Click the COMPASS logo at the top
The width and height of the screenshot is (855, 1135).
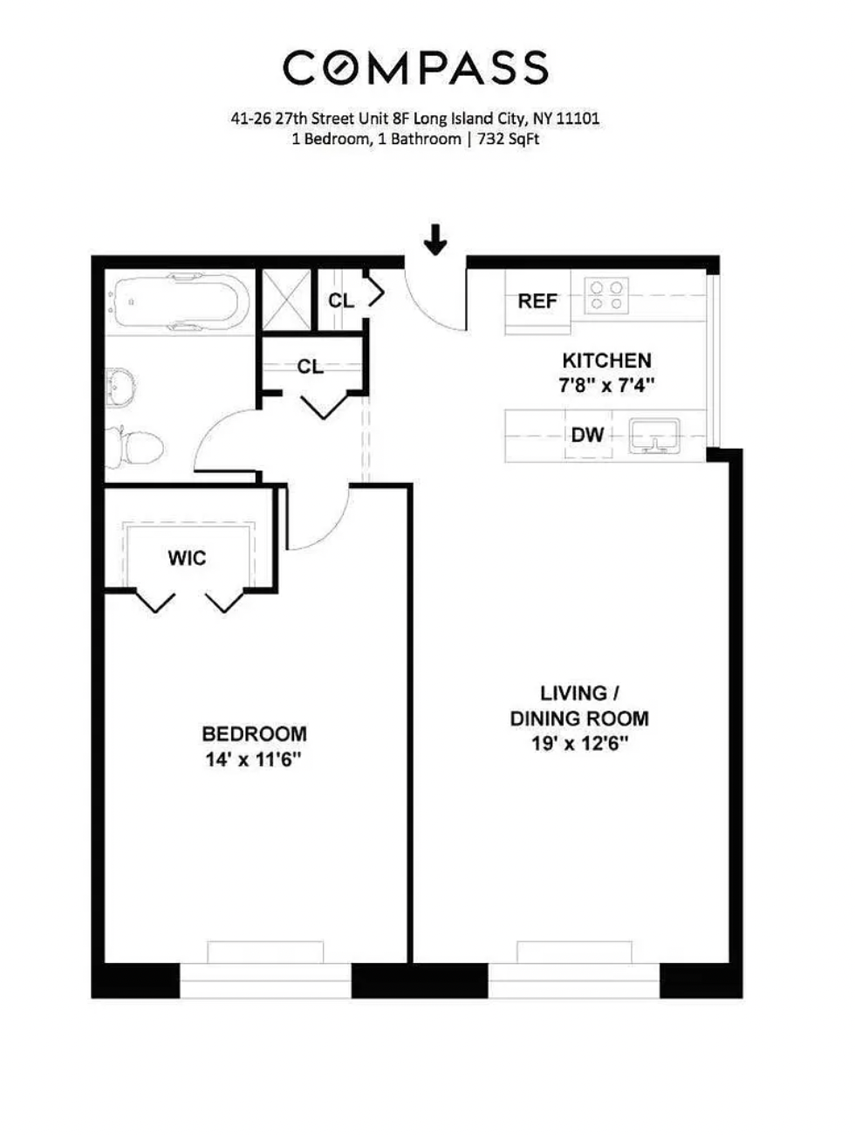[x=415, y=67]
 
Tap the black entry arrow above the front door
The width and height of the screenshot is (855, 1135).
[x=435, y=239]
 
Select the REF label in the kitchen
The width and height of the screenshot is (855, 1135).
[x=537, y=301]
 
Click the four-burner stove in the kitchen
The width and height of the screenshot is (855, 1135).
[x=606, y=295]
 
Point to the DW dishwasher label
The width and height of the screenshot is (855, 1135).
[x=587, y=434]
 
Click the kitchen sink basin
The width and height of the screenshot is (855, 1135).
[x=653, y=436]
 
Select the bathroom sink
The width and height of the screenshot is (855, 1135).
[x=120, y=388]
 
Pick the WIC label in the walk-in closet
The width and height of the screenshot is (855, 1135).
[x=187, y=558]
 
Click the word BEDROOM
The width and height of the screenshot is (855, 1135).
[x=254, y=733]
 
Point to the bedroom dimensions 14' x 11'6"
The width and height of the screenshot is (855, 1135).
[x=253, y=760]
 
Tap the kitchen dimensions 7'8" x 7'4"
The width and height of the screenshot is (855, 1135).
[x=606, y=385]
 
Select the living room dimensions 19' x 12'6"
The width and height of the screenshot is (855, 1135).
[x=579, y=744]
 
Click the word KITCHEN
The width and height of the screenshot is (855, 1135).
[x=606, y=361]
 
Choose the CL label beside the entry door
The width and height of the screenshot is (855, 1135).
[x=341, y=300]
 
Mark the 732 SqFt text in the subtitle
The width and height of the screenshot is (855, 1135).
[x=509, y=139]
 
